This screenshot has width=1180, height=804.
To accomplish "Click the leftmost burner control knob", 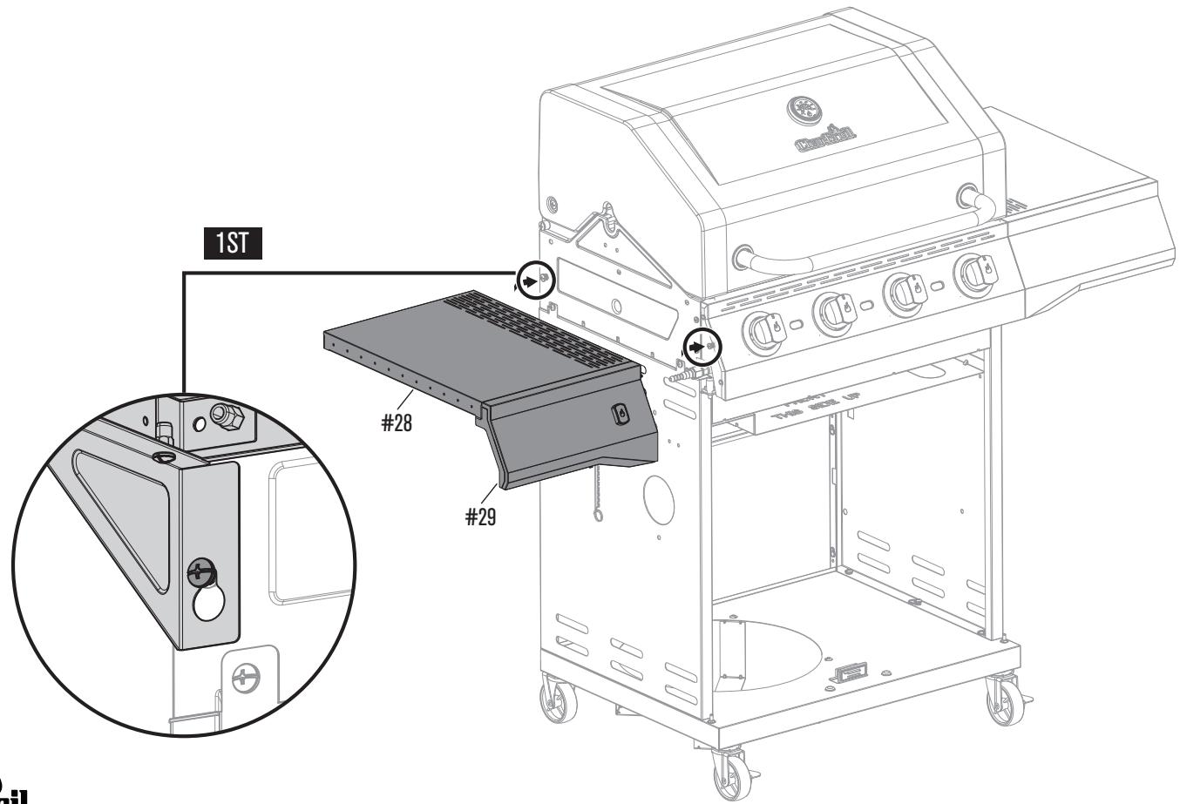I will click(760, 329).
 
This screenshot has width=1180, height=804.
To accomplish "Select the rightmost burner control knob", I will click(971, 274).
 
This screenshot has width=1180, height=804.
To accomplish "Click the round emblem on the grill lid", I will click(804, 110).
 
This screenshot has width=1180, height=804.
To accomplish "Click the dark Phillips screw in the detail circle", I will click(200, 572).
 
